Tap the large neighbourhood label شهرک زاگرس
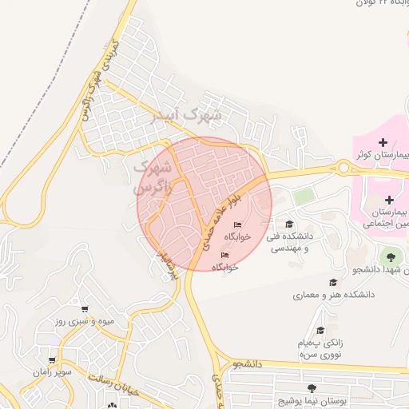pyautogui.click(x=151, y=178)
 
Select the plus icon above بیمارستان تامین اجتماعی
pyautogui.click(x=389, y=200)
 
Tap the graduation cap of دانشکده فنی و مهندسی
pyautogui.click(x=289, y=224)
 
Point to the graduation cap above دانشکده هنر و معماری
pyautogui.click(x=332, y=282)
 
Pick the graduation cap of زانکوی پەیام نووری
pyautogui.click(x=320, y=330)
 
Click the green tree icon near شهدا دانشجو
pyautogui.click(x=391, y=256)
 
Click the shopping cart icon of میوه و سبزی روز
pyautogui.click(x=85, y=308)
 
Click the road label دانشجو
pyautogui.click(x=248, y=364)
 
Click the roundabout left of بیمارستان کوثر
pyautogui.click(x=345, y=168)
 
